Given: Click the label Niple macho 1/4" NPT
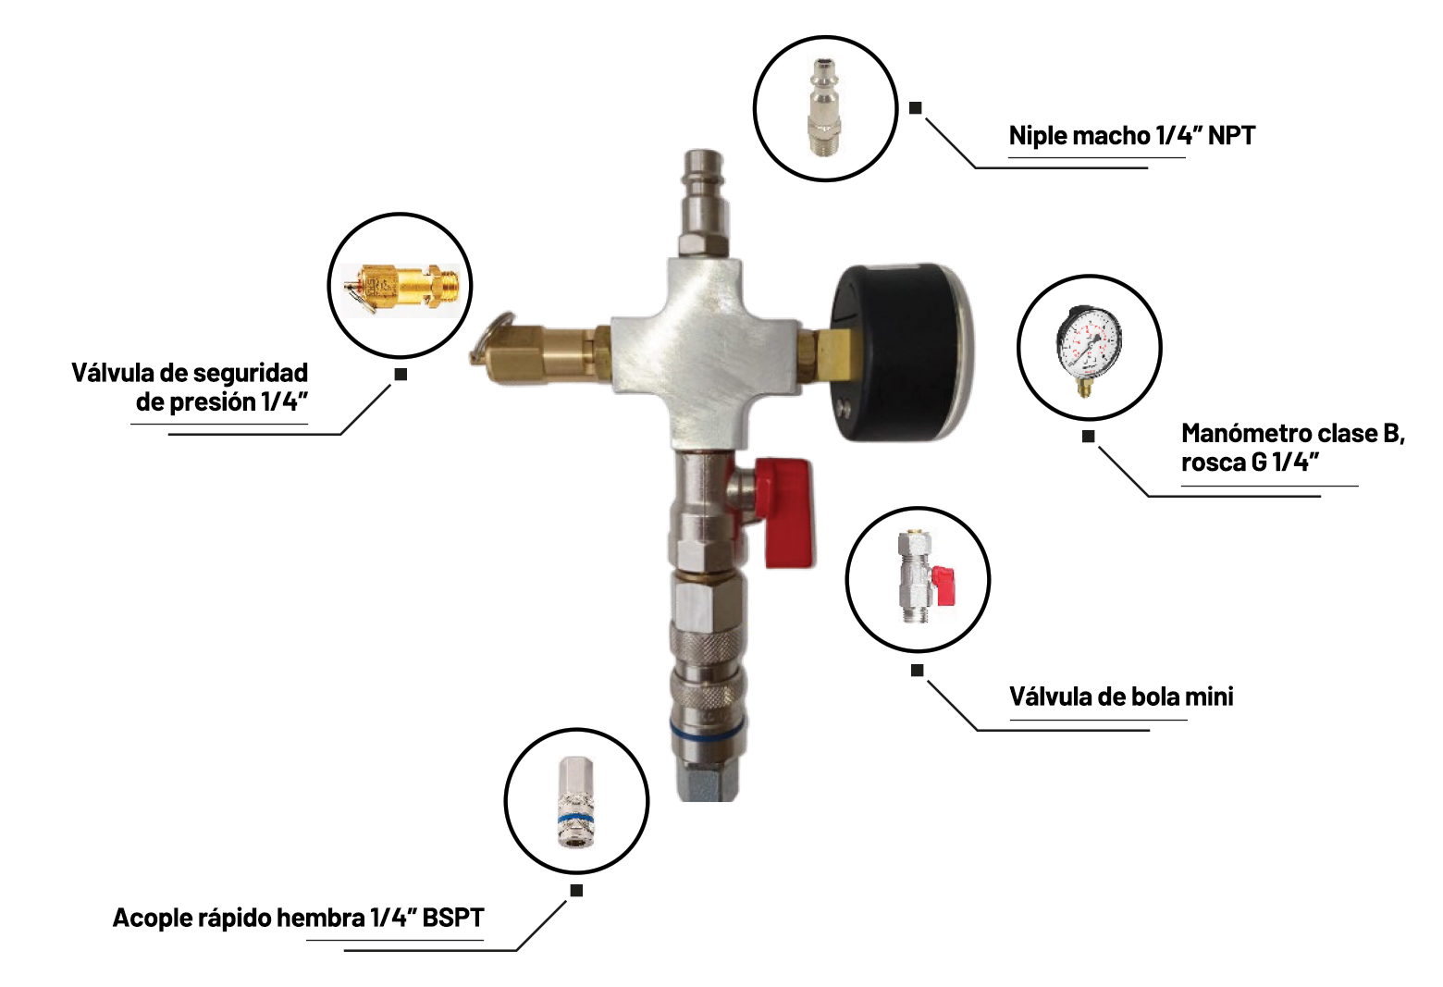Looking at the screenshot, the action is tap(1132, 135).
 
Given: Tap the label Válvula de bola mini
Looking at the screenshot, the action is tap(1121, 697).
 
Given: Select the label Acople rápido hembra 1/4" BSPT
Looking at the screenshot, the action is tap(298, 918).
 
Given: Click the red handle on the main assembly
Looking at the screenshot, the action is tap(786, 512).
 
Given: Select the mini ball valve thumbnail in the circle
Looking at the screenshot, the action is tap(926, 577).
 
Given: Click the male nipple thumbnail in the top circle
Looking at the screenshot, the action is tap(825, 107).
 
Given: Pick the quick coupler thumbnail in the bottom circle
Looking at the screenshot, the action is tap(575, 801).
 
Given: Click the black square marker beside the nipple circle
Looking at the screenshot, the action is tap(915, 107).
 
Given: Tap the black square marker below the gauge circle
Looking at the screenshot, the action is tap(1088, 437).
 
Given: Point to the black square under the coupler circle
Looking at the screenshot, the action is tap(576, 891).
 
